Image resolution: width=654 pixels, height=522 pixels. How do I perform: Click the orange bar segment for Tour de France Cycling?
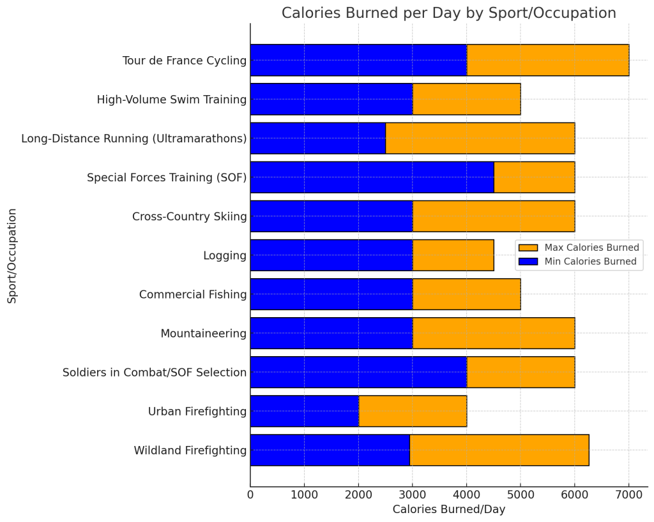coord(548,61)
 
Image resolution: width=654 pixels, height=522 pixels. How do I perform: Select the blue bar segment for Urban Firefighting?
coord(304,412)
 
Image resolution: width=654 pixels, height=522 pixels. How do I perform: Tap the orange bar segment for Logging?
coord(453,255)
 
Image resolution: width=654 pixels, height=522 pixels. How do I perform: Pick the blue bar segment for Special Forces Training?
coord(372,177)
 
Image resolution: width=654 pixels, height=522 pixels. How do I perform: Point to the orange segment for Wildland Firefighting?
coord(499,451)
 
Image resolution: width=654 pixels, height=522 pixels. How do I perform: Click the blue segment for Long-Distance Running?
coord(318,138)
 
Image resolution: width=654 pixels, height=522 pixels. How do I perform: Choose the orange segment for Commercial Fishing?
coord(466,294)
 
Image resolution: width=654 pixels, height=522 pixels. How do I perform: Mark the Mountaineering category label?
coord(203,334)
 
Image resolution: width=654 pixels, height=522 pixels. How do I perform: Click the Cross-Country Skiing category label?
coord(189,216)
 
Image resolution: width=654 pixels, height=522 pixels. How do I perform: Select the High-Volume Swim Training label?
coord(171,100)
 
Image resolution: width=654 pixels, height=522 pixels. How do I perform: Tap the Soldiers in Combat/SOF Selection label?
coord(155,373)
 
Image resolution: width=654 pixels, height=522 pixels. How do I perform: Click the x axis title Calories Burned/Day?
coord(448,509)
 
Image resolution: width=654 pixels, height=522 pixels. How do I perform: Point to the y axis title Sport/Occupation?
coord(12,255)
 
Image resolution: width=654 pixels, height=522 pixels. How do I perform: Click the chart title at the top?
coord(448,13)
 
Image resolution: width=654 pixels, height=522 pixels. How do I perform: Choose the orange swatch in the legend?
coord(528,248)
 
